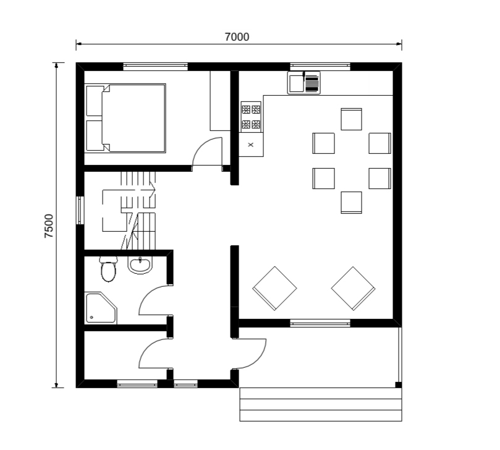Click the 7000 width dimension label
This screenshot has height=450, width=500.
tap(237, 37)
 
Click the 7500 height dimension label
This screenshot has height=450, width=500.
tap(49, 226)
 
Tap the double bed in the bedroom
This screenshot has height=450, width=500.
tap(125, 118)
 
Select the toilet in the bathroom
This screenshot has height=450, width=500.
tap(108, 269)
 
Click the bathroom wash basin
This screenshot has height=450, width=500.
tap(140, 265)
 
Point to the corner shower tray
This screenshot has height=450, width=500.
tap(101, 308)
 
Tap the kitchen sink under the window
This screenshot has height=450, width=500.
tap(304, 83)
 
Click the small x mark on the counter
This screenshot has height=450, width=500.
tap(251, 145)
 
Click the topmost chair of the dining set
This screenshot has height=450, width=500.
tap(352, 119)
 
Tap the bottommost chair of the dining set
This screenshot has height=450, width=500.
tap(352, 203)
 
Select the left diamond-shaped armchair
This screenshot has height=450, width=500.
tap(274, 288)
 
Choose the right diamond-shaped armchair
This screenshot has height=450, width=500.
tap(353, 288)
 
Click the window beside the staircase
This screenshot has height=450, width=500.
tap(80, 211)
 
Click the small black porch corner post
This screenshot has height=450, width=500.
tap(398, 384)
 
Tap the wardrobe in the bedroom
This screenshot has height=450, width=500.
tap(220, 101)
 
